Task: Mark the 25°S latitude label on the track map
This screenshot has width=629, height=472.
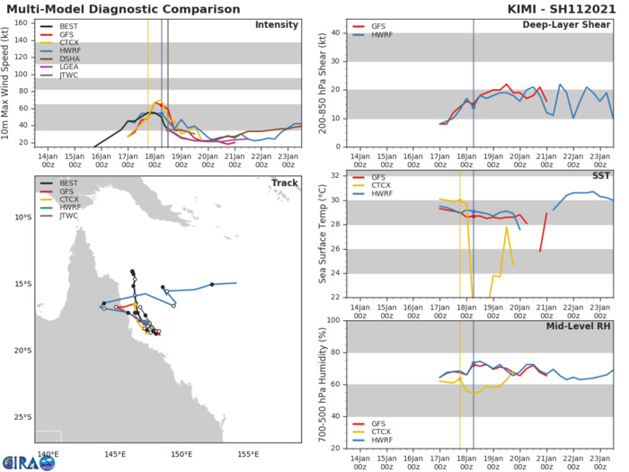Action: [22, 416]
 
